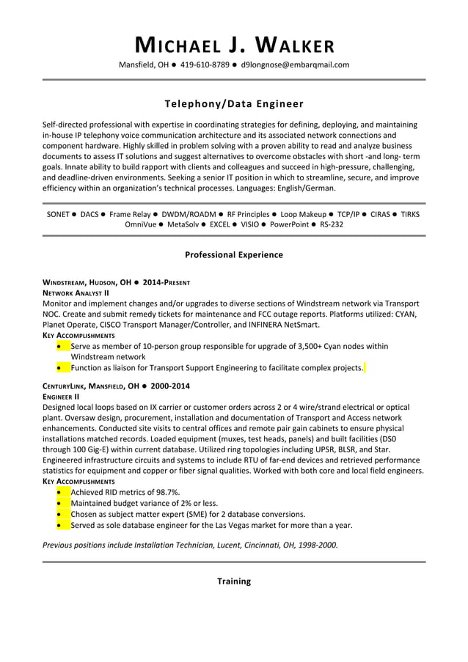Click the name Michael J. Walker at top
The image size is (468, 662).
pyautogui.click(x=234, y=45)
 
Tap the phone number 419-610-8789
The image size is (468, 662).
pyautogui.click(x=205, y=65)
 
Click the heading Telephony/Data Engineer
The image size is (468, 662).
pyautogui.click(x=234, y=104)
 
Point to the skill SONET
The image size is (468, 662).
pyautogui.click(x=58, y=214)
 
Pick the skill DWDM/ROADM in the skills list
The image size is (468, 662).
pyautogui.click(x=189, y=214)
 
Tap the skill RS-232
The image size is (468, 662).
pyautogui.click(x=332, y=224)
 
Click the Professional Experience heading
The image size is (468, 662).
pyautogui.click(x=234, y=255)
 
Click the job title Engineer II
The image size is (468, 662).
pyautogui.click(x=66, y=396)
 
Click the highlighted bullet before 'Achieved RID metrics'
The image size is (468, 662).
pyautogui.click(x=59, y=492)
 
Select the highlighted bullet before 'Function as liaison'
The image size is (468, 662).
pyautogui.click(x=59, y=368)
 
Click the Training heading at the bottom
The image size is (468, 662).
pyautogui.click(x=234, y=581)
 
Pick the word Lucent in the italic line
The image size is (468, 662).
pyautogui.click(x=230, y=545)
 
